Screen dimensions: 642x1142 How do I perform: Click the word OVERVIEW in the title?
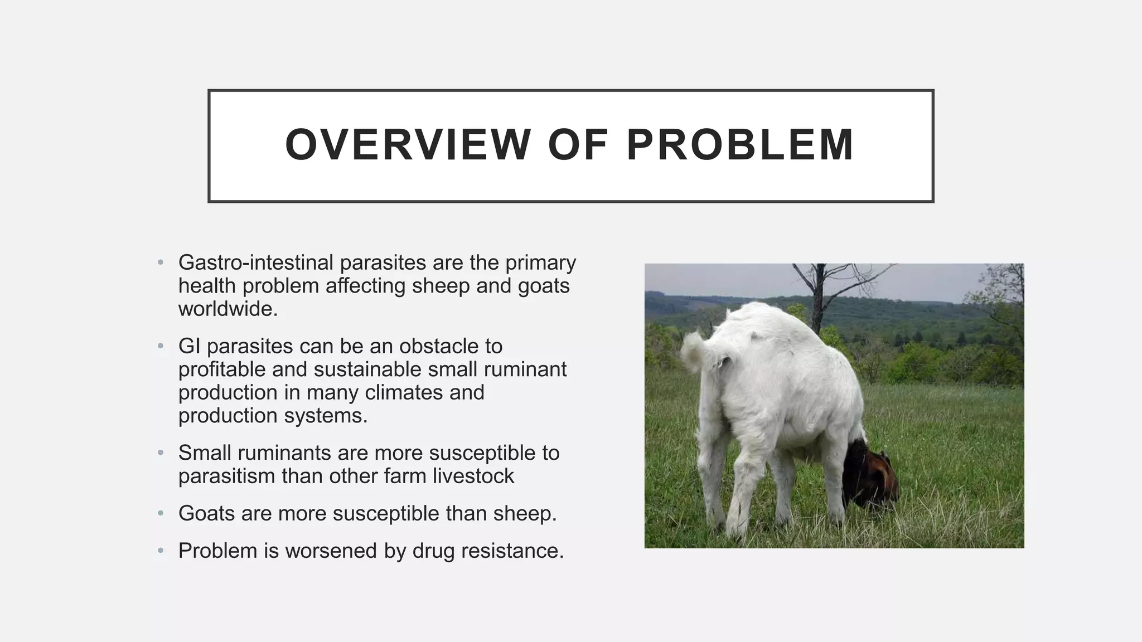click(408, 145)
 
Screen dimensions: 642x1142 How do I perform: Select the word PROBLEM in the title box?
click(740, 145)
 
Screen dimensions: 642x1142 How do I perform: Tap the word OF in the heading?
click(578, 145)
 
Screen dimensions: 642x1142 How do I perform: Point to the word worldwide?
click(228, 309)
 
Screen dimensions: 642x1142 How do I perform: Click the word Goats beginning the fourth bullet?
click(206, 513)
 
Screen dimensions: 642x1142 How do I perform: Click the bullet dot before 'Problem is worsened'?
click(161, 551)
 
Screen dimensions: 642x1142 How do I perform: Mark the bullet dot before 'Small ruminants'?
click(161, 453)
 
